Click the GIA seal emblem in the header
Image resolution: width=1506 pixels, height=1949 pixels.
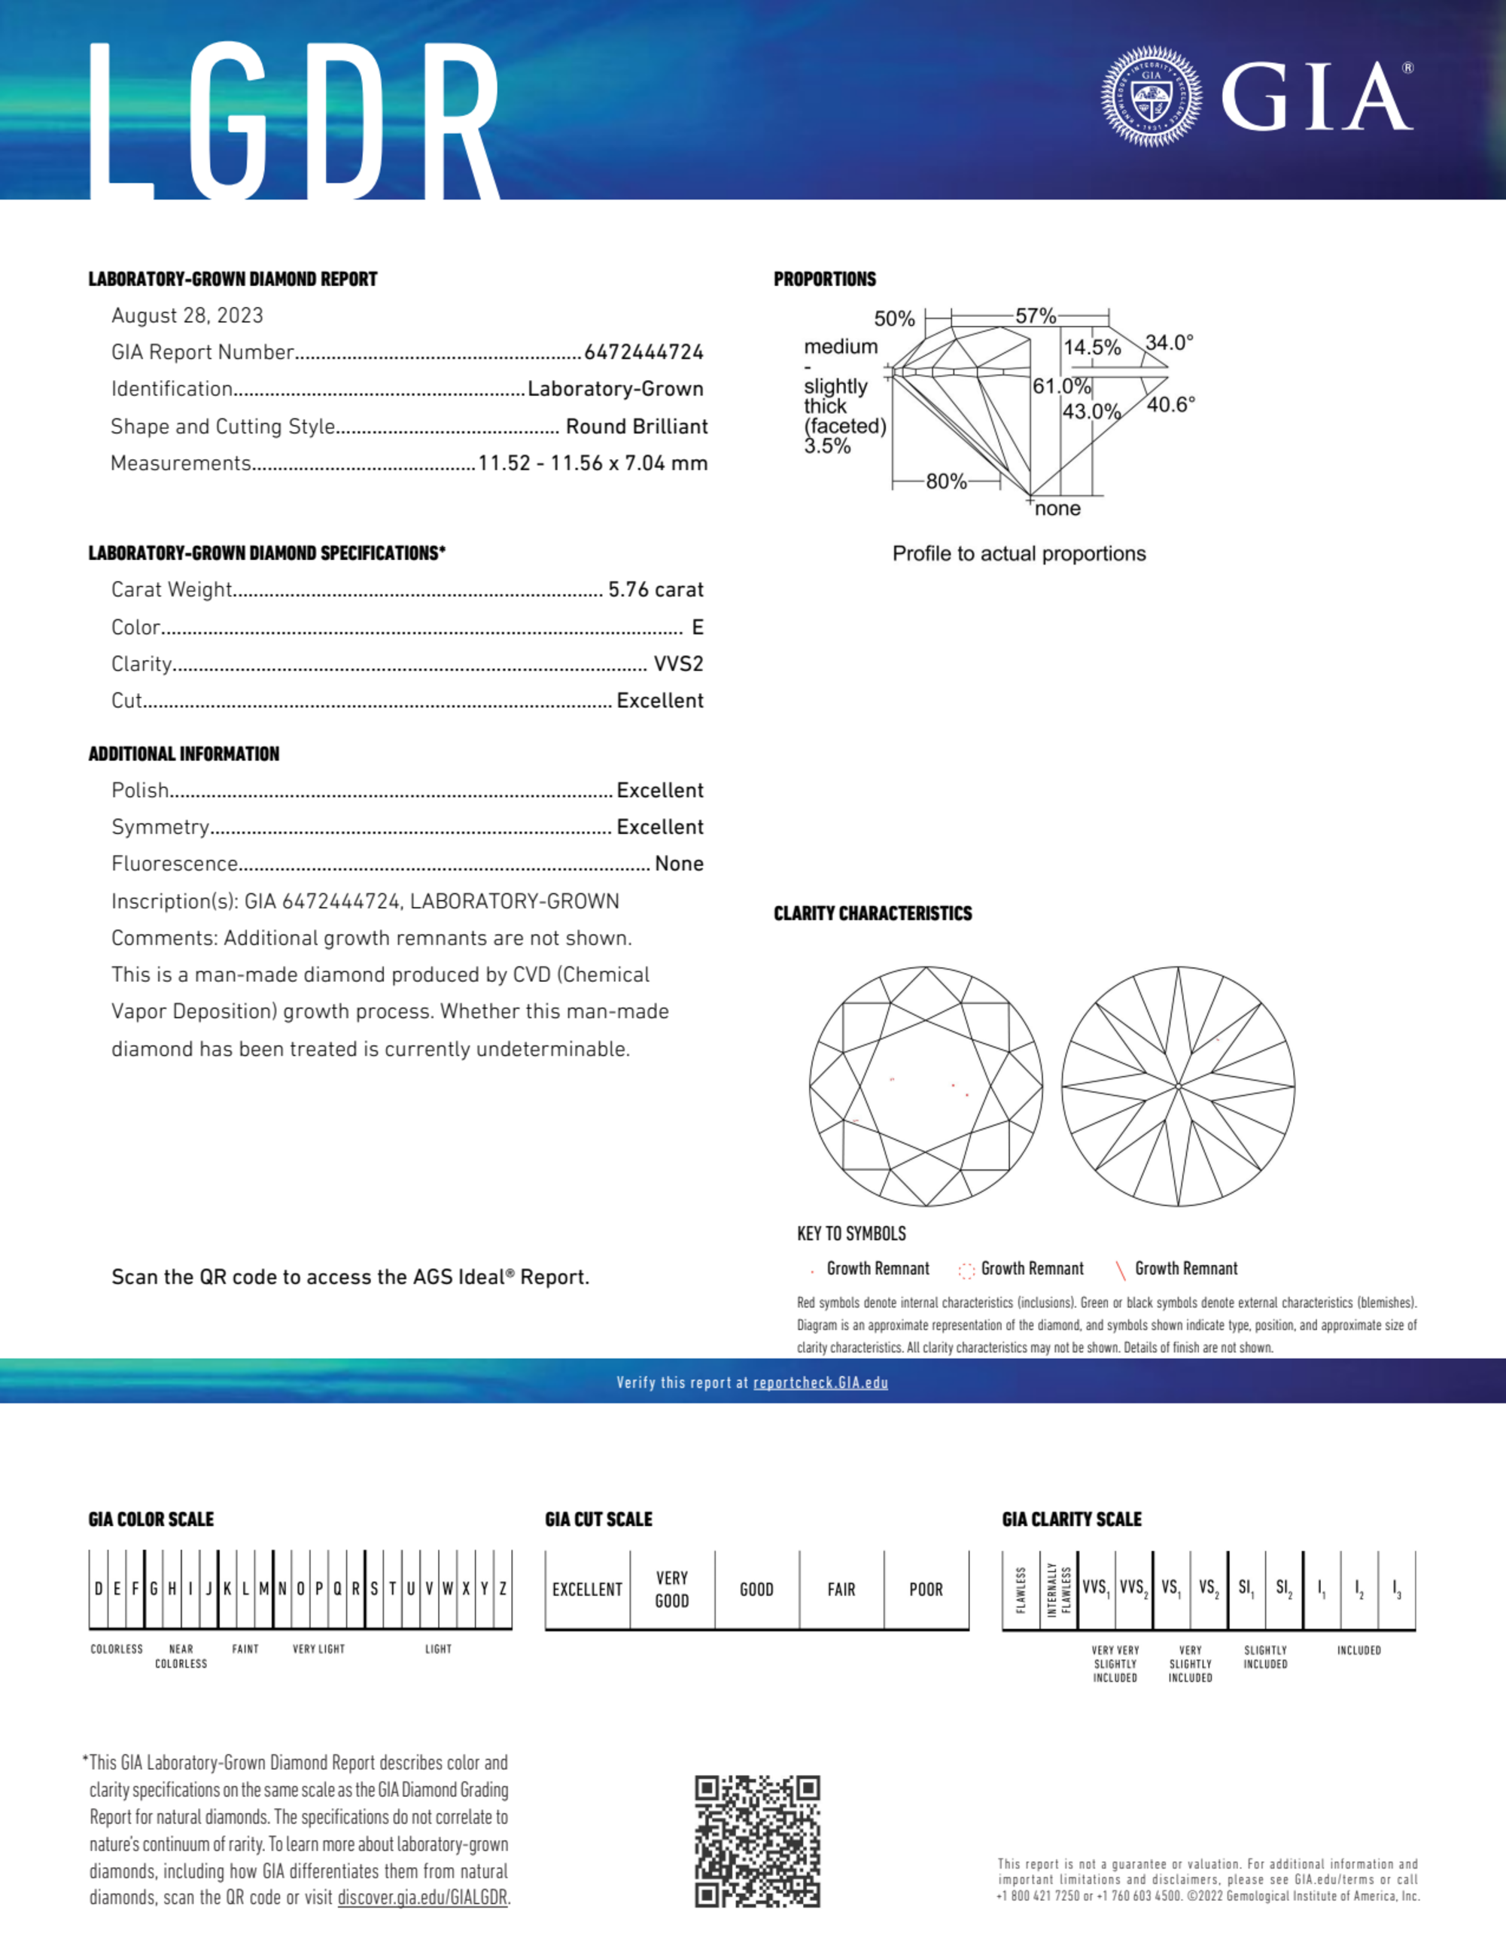1151,96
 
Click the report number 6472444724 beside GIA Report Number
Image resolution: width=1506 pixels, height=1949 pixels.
643,352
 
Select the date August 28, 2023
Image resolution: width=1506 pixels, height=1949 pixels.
187,315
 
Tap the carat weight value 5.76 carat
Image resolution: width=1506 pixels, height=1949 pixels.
656,590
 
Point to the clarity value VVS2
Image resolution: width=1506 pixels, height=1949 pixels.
678,664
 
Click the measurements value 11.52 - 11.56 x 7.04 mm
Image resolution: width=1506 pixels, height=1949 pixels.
593,463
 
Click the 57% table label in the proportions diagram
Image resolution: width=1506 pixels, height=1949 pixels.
1036,316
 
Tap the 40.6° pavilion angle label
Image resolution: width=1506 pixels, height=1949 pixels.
1170,404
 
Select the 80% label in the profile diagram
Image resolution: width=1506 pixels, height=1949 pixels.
946,482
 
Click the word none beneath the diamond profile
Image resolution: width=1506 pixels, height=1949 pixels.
1058,509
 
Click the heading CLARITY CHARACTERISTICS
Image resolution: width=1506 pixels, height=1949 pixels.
872,914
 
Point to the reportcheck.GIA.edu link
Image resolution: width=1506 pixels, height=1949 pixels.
820,1382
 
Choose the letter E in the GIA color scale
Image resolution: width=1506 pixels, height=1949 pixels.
117,1589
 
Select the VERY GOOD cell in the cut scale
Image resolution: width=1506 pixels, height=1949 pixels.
672,1589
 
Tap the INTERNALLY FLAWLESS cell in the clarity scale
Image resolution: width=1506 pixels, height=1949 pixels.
1059,1589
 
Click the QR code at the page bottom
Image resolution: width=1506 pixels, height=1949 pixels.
757,1841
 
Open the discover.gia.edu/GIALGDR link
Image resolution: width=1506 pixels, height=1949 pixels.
422,1897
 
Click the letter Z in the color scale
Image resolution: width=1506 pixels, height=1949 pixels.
503,1589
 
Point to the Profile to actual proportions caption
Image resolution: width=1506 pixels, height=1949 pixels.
1018,554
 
